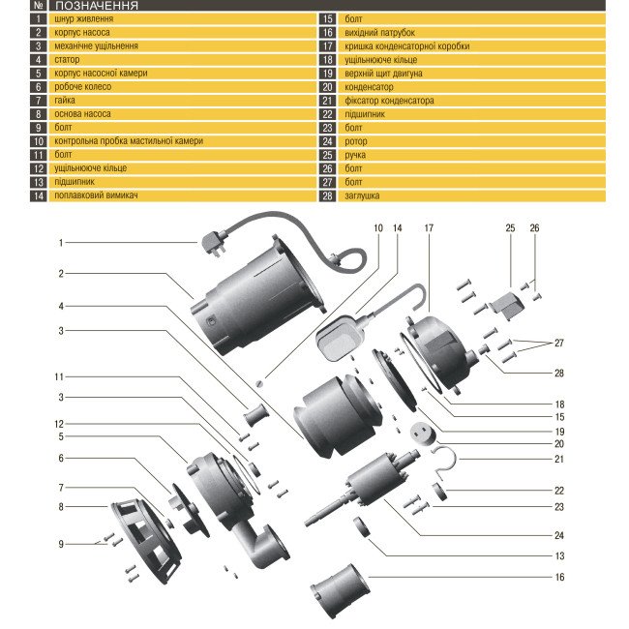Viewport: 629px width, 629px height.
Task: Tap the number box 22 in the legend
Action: [327, 113]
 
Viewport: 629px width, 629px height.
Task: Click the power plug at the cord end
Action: [214, 245]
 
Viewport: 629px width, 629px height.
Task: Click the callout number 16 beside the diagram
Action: [559, 577]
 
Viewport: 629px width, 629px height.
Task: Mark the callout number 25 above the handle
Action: [510, 228]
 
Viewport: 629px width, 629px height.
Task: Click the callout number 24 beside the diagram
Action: [559, 534]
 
